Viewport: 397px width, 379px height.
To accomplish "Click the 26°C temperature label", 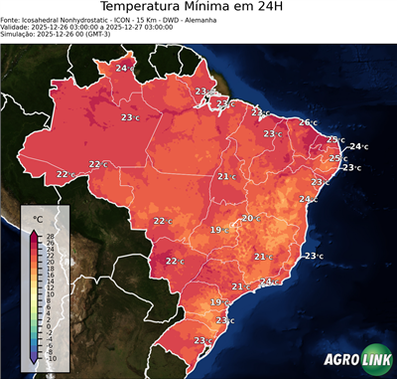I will click(x=308, y=122).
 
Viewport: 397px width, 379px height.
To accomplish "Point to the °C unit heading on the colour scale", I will click(x=38, y=218).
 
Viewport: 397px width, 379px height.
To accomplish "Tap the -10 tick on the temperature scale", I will click(x=51, y=358).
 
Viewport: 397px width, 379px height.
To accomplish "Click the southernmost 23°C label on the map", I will click(x=202, y=341).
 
